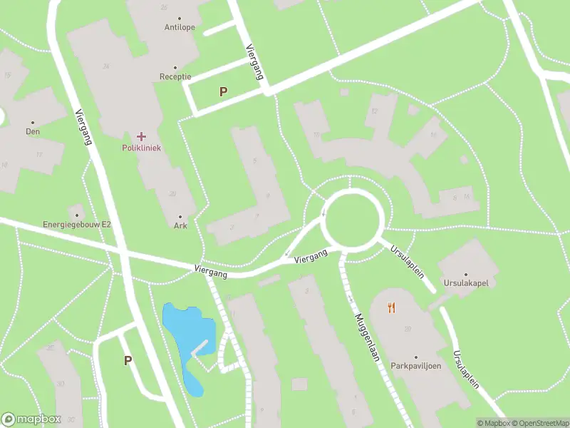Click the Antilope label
click(179, 29)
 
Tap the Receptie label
click(175, 77)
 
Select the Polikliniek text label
click(141, 148)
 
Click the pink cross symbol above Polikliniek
click(141, 136)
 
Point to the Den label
click(33, 131)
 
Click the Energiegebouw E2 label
click(77, 224)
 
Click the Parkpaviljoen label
click(416, 366)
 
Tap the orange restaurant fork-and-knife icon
click(390, 307)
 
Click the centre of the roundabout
click(354, 218)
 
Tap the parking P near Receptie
click(224, 91)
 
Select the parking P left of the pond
click(128, 360)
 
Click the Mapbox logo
click(31, 419)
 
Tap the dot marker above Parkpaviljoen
click(416, 357)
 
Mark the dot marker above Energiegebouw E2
click(77, 215)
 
